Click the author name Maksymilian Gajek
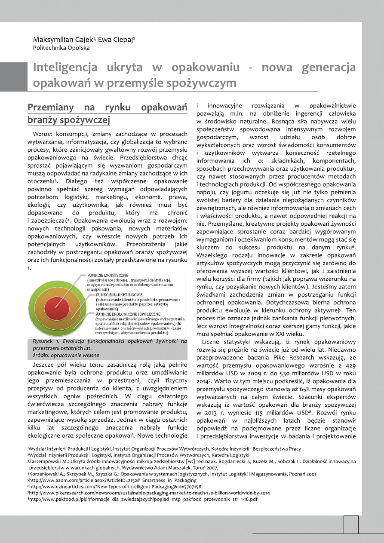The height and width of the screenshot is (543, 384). pos(65,39)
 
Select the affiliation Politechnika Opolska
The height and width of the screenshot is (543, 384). pos(61,48)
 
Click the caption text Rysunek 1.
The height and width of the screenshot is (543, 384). pos(46,341)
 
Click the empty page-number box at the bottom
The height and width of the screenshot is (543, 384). pos(351,525)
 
